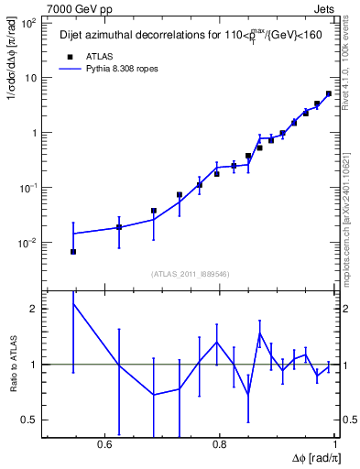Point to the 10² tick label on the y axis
click(29, 23)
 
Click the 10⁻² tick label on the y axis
click(28, 243)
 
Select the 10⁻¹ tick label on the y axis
click(28, 188)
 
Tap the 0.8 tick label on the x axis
click(220, 444)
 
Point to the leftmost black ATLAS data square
click(73, 251)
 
